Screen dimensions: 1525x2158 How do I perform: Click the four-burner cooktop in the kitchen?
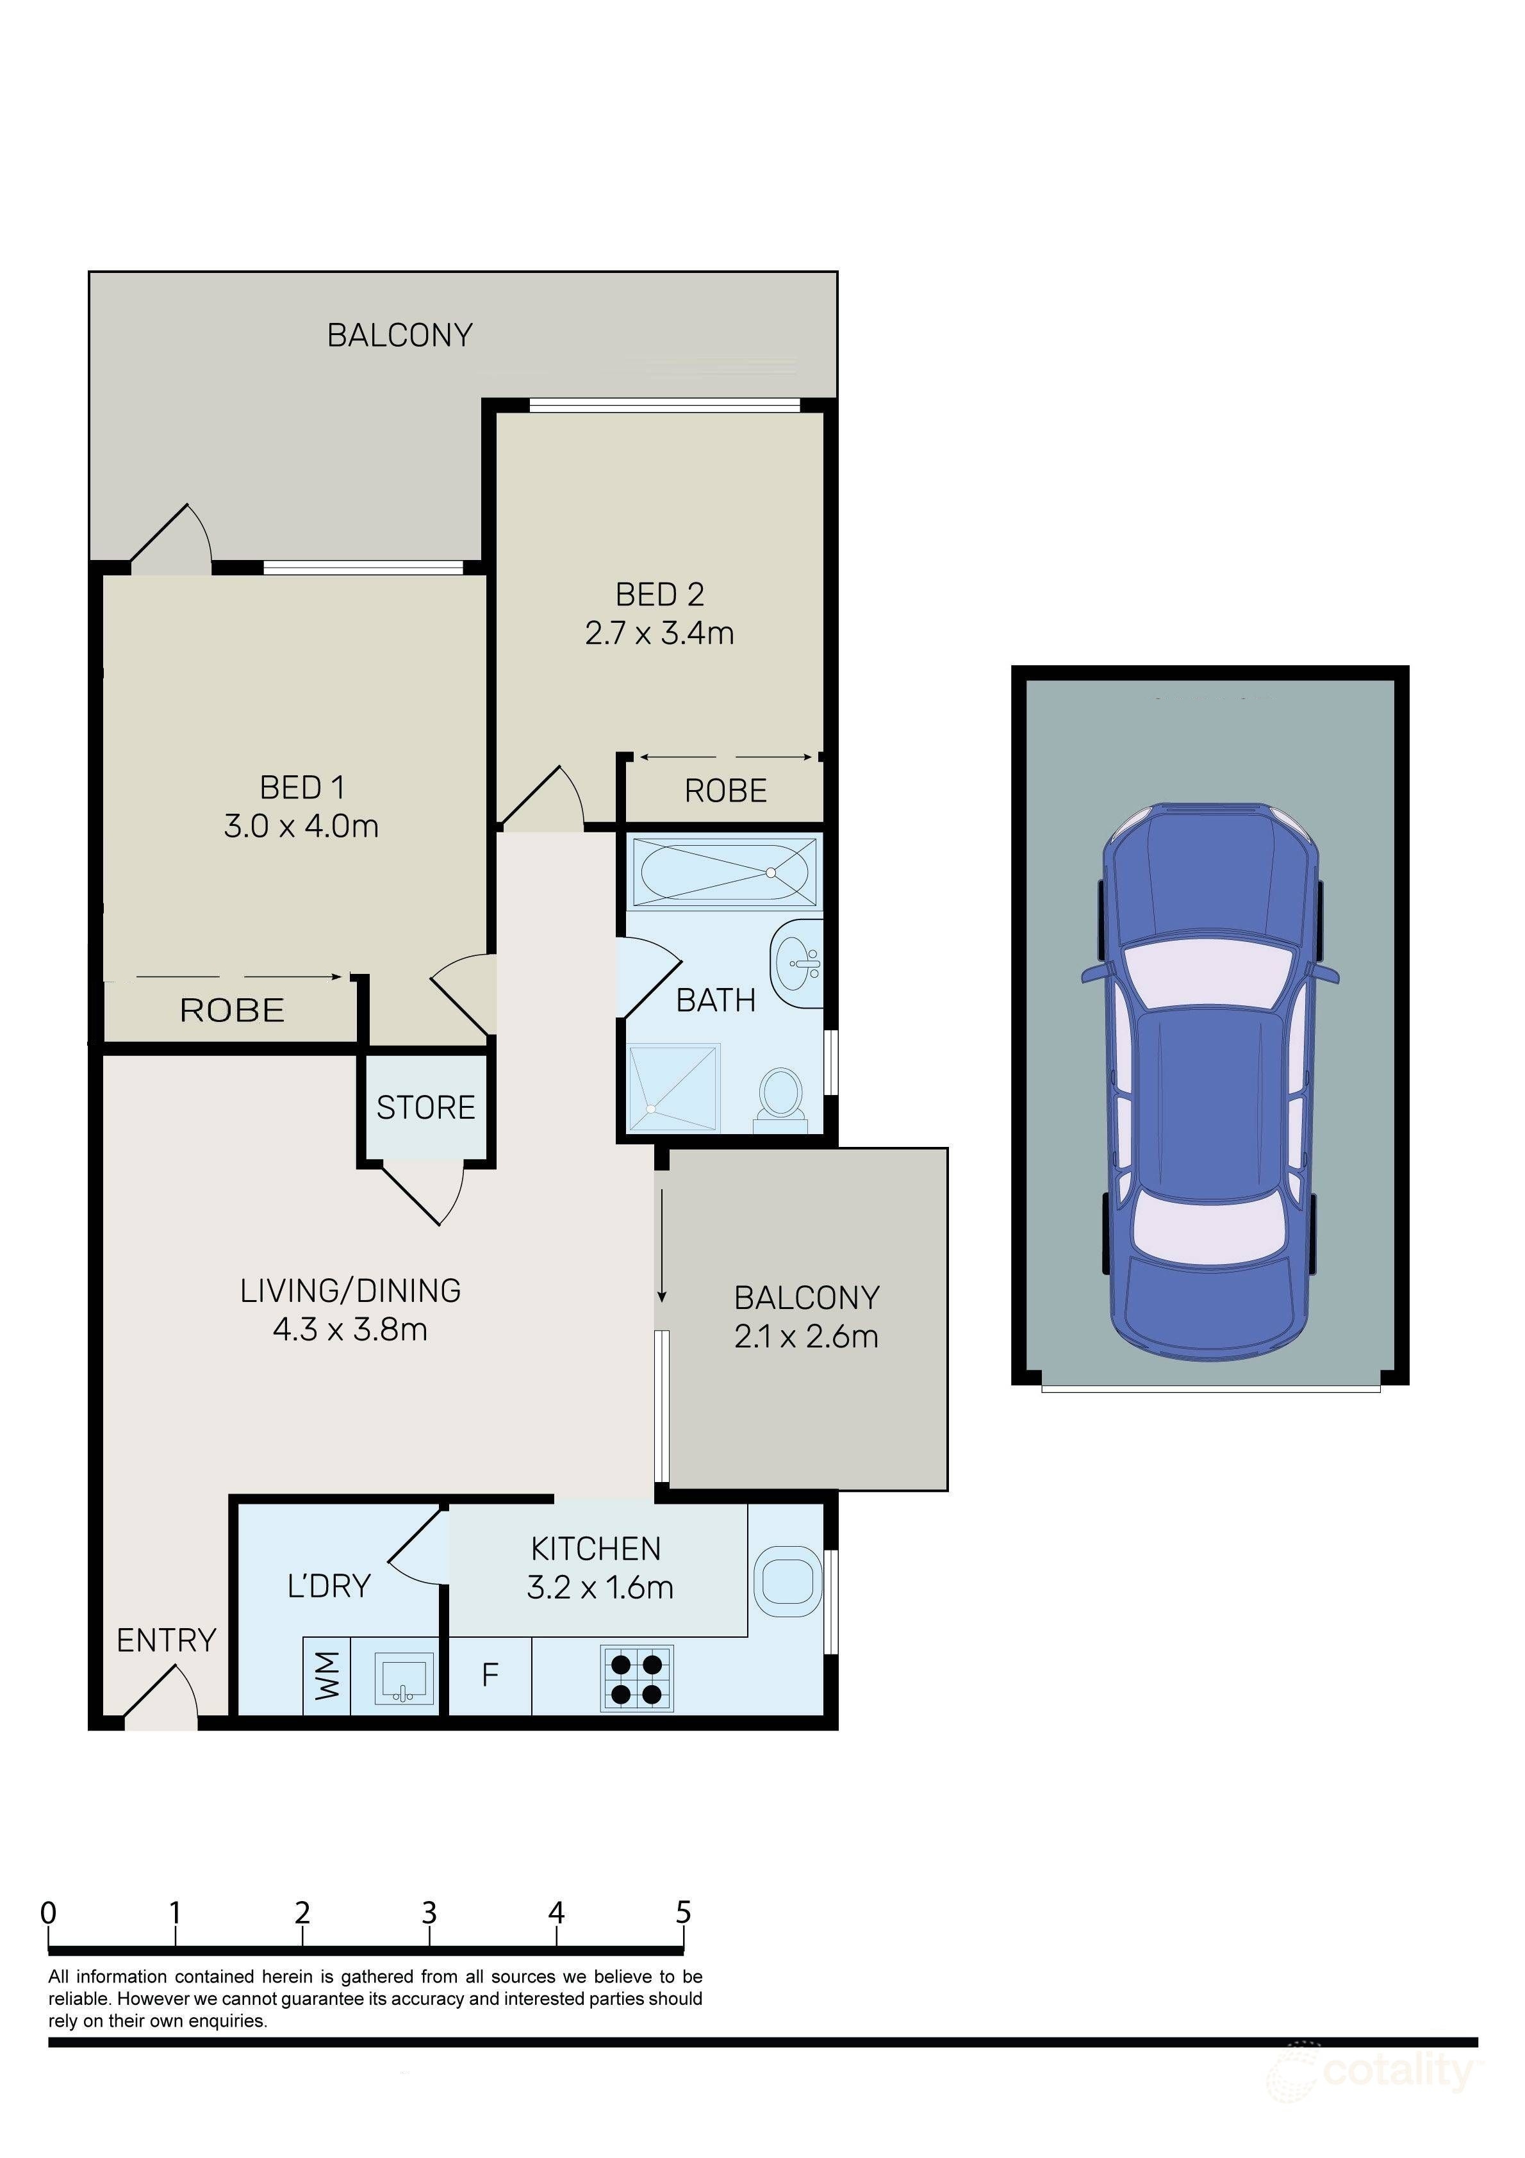click(638, 1679)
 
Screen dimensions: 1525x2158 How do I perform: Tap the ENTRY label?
click(167, 1640)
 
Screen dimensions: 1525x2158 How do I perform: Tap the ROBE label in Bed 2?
click(726, 791)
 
